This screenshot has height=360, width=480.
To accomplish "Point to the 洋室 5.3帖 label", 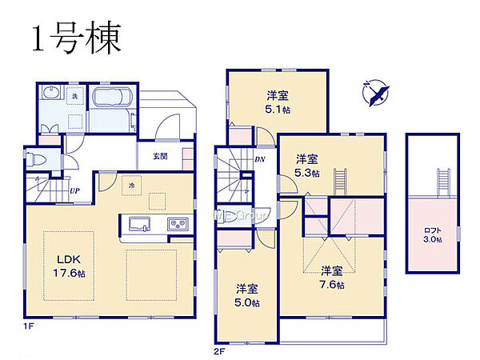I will click(306, 166).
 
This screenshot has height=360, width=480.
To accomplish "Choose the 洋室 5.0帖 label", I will click(246, 295).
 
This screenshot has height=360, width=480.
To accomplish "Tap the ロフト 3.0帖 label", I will click(433, 235).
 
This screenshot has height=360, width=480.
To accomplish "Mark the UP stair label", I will click(74, 191).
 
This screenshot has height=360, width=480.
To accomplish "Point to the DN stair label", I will click(261, 159).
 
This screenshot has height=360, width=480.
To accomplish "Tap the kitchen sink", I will click(134, 224).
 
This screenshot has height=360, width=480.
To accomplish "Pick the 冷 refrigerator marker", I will click(130, 184).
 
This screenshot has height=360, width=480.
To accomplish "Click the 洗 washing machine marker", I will click(74, 96).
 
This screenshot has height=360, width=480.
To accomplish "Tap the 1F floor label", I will click(28, 327).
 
